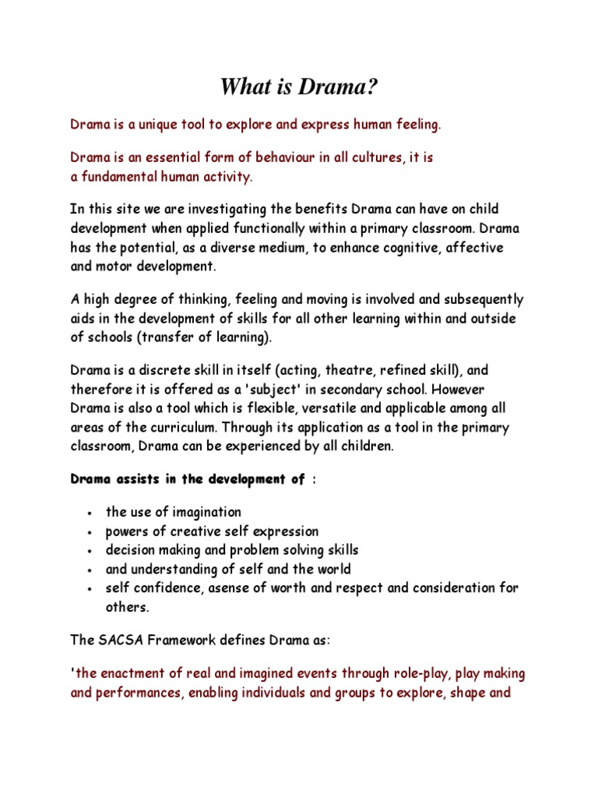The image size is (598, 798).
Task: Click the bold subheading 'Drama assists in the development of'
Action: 188,479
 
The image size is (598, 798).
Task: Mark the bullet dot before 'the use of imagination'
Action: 92,514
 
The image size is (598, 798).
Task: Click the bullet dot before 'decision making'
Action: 92,551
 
